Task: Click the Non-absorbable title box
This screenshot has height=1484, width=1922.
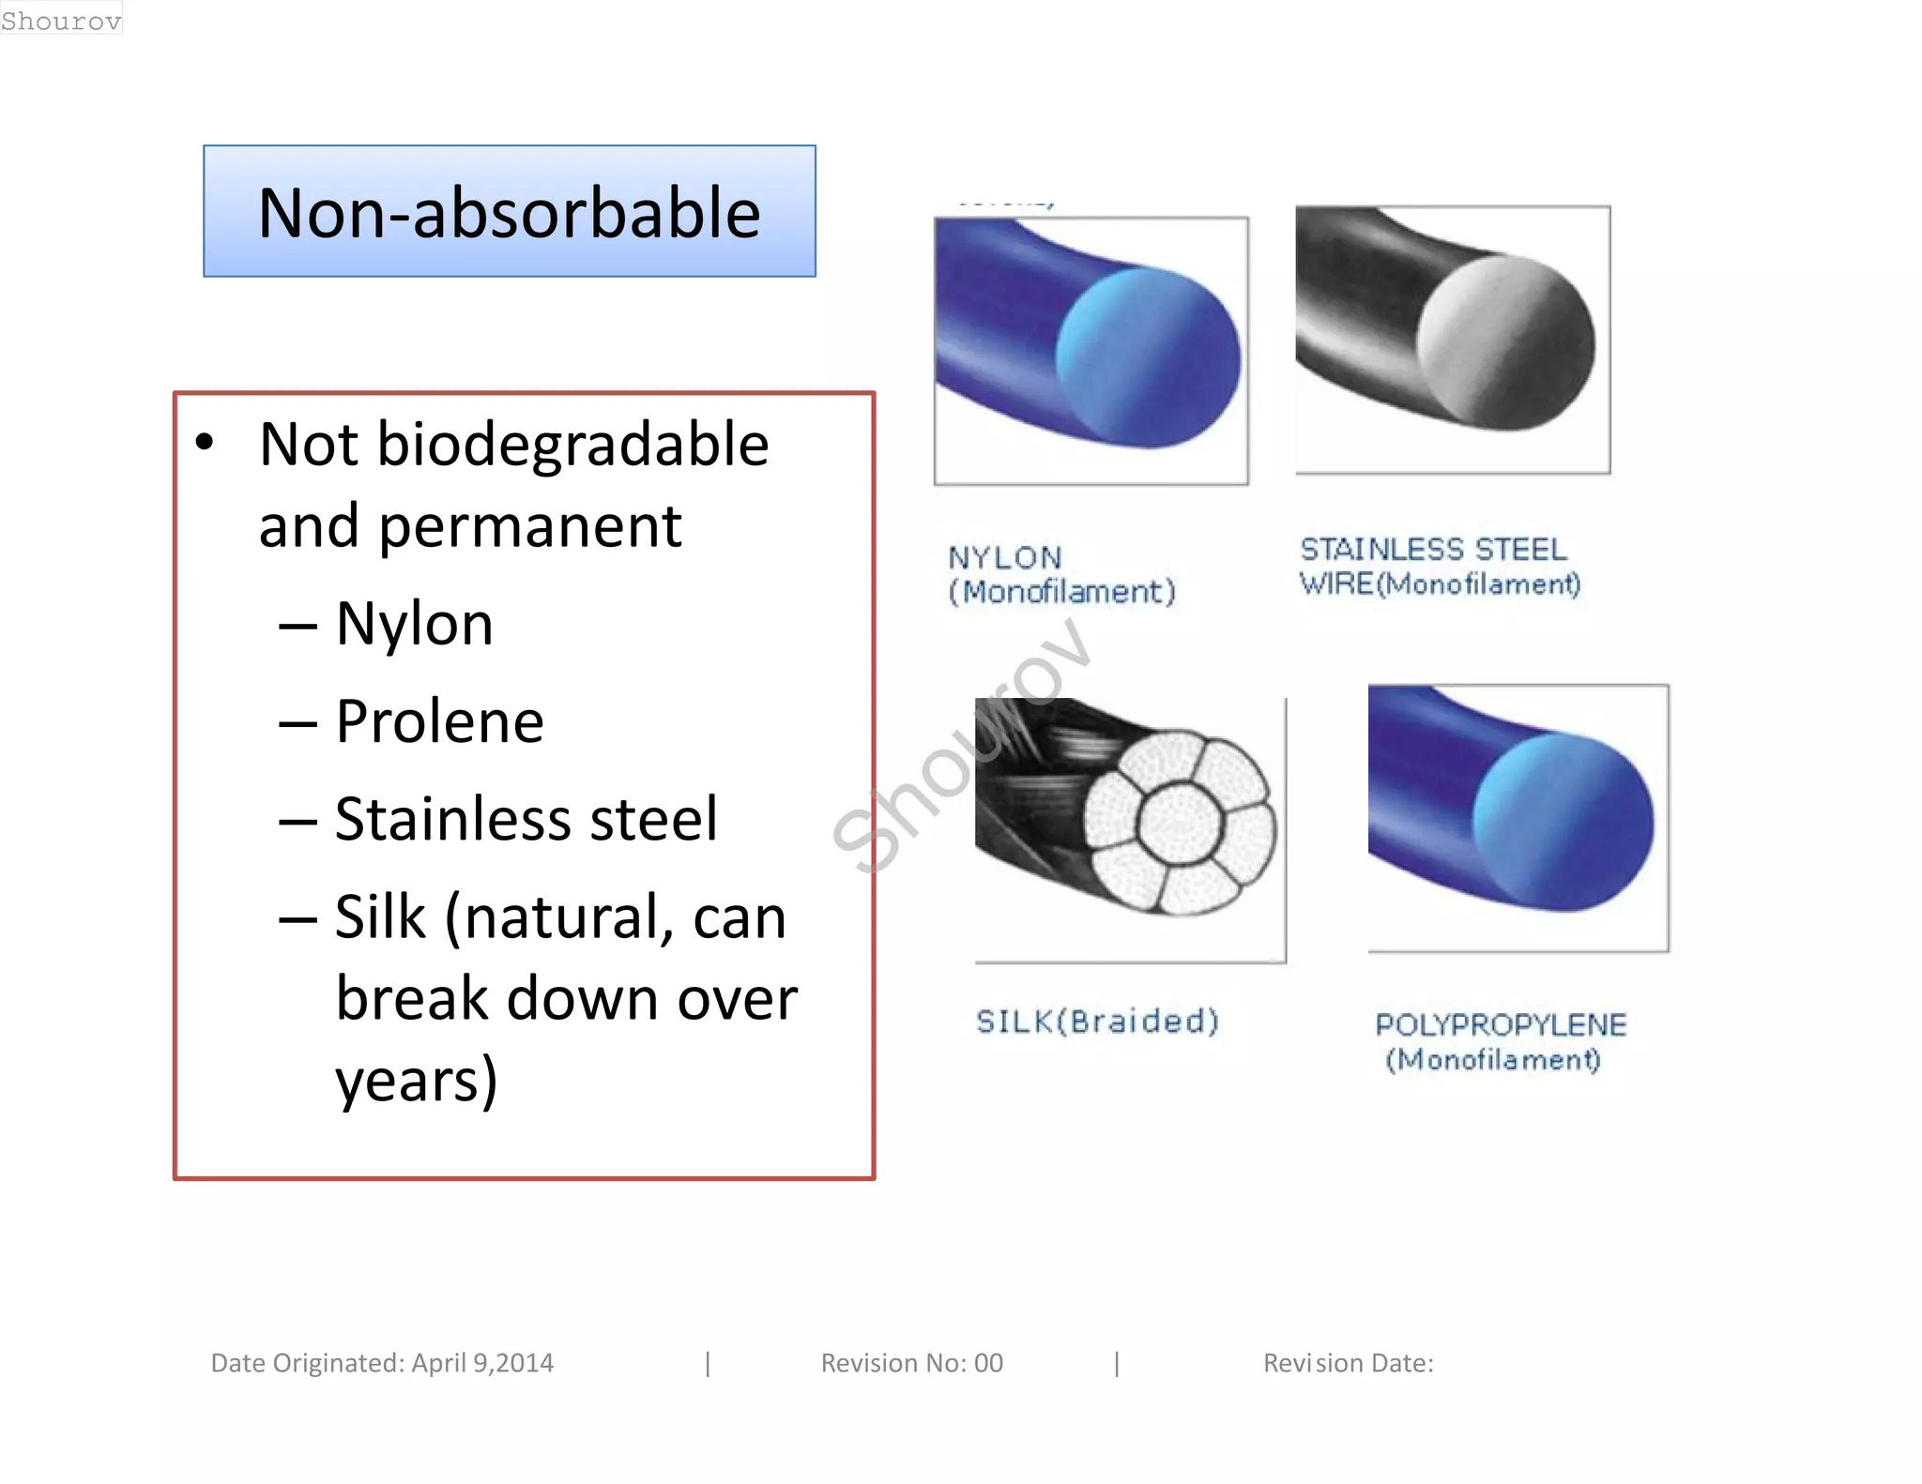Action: pyautogui.click(x=509, y=212)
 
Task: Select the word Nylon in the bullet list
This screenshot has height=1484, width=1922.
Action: pyautogui.click(x=414, y=624)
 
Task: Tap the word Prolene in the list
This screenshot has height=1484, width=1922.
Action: pyautogui.click(x=439, y=721)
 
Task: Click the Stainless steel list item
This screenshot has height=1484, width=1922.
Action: pyautogui.click(x=526, y=819)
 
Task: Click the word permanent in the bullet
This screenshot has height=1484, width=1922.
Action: pyautogui.click(x=529, y=526)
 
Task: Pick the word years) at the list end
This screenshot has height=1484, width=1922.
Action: pyautogui.click(x=417, y=1081)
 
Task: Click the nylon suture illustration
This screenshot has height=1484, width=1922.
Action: pyautogui.click(x=1091, y=350)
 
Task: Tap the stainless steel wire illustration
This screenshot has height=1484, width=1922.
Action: pyautogui.click(x=1452, y=339)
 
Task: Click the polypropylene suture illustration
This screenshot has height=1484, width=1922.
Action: pyautogui.click(x=1518, y=817)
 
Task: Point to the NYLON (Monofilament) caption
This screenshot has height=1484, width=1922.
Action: pyautogui.click(x=1060, y=574)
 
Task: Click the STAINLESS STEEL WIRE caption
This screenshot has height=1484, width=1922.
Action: pyautogui.click(x=1440, y=567)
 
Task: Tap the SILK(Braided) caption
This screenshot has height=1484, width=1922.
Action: pyautogui.click(x=1096, y=1021)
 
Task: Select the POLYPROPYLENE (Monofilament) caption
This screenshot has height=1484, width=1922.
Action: pyautogui.click(x=1500, y=1041)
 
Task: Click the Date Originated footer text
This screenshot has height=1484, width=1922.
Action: pyautogui.click(x=382, y=1363)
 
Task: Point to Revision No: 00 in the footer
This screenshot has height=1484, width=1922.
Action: pyautogui.click(x=911, y=1363)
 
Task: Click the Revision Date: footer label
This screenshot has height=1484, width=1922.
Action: pyautogui.click(x=1348, y=1363)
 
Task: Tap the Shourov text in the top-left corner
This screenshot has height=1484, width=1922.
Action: pyautogui.click(x=61, y=20)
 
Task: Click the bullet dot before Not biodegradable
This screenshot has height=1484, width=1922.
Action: pyautogui.click(x=205, y=442)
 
